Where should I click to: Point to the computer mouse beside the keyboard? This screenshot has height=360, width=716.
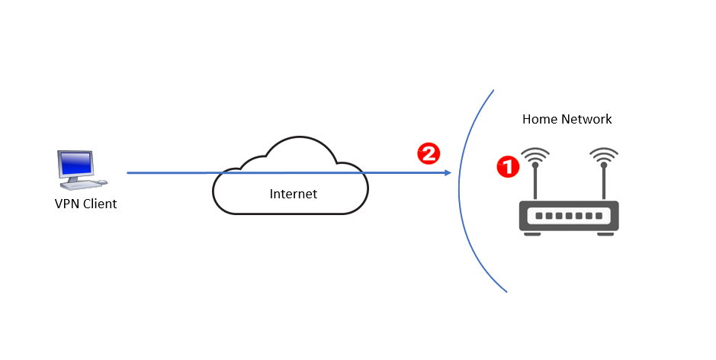pyautogui.click(x=102, y=182)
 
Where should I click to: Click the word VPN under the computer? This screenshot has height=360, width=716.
pyautogui.click(x=67, y=204)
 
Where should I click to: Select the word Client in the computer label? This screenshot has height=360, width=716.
pyautogui.click(x=100, y=204)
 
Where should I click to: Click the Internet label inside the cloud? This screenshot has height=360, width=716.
pyautogui.click(x=293, y=194)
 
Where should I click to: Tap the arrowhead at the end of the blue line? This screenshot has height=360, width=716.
pyautogui.click(x=448, y=173)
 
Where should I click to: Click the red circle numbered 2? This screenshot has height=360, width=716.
pyautogui.click(x=429, y=153)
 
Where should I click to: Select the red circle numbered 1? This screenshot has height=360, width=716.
pyautogui.click(x=507, y=166)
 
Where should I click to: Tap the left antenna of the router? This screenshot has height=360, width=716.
pyautogui.click(x=536, y=183)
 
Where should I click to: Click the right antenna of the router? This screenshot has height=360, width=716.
pyautogui.click(x=603, y=183)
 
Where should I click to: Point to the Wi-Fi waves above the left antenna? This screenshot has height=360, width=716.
pyautogui.click(x=536, y=155)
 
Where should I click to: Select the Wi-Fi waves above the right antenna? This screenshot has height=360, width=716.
pyautogui.click(x=603, y=155)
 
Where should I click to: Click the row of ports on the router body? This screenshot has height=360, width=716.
pyautogui.click(x=569, y=216)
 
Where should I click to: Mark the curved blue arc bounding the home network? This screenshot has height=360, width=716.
pyautogui.click(x=467, y=191)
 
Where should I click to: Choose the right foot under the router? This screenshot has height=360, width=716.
pyautogui.click(x=605, y=233)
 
